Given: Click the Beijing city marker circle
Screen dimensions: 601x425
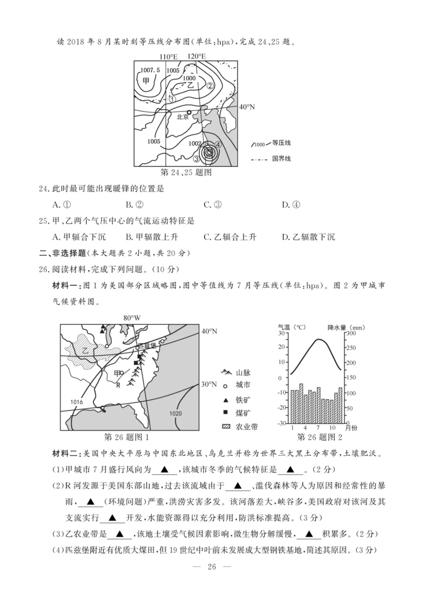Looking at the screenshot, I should [x=189, y=112].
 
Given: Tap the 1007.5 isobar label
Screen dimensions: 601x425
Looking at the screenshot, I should [x=150, y=70].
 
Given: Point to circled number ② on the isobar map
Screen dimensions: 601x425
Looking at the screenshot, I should [x=210, y=86].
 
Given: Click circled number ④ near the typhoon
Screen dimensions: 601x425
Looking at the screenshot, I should [x=218, y=145].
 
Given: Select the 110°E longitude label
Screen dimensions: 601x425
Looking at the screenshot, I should [x=168, y=57].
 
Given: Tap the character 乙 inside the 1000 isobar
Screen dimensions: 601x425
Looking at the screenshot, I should [x=190, y=85].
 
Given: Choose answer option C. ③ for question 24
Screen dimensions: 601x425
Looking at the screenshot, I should [x=213, y=205].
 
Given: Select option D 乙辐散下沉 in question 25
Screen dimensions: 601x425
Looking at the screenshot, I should [x=308, y=237].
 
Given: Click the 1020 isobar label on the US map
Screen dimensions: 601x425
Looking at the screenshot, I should [x=175, y=414].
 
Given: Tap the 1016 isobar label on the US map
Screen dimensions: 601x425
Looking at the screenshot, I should [x=76, y=402].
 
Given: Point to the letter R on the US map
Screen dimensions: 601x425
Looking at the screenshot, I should [x=118, y=385].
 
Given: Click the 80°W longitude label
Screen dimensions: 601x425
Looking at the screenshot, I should [x=132, y=318].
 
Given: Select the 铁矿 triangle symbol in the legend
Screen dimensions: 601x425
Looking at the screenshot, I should [x=225, y=400].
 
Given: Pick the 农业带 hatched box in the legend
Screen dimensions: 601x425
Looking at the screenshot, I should [x=226, y=427].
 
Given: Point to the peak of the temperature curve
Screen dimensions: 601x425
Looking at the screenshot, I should [x=318, y=340].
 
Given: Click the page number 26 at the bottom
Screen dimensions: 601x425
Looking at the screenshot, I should [x=212, y=567].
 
